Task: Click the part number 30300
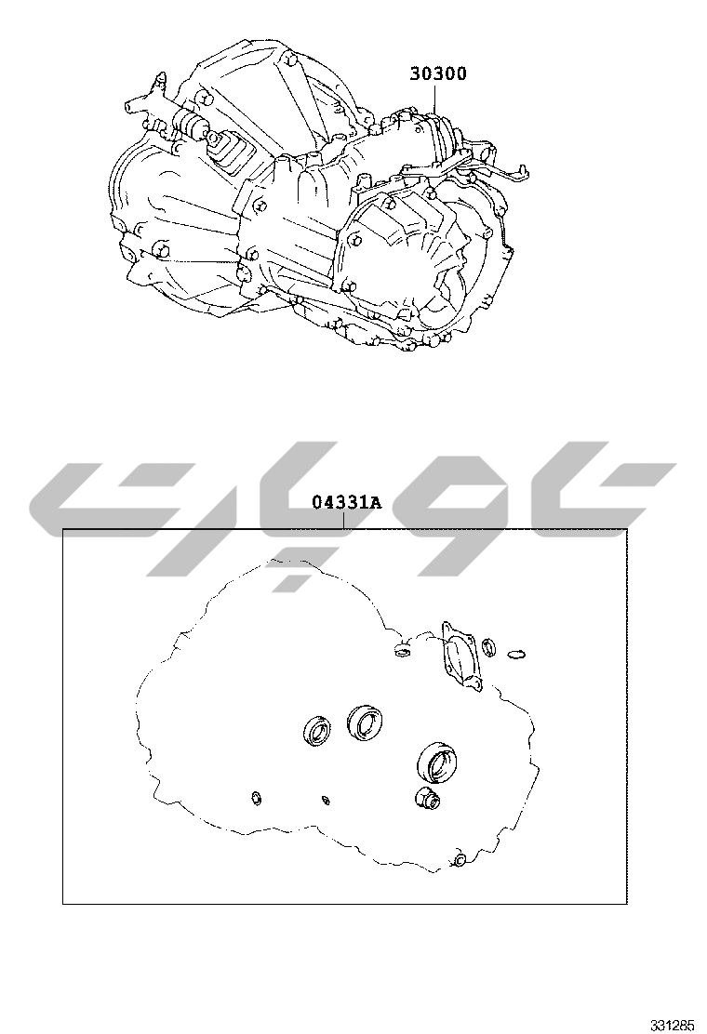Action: pyautogui.click(x=438, y=73)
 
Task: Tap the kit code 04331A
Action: pyautogui.click(x=346, y=503)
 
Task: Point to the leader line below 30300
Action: pyautogui.click(x=434, y=99)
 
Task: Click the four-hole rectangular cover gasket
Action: pyautogui.click(x=460, y=656)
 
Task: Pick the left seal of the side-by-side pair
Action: pyautogui.click(x=317, y=730)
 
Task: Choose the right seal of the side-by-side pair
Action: pyautogui.click(x=362, y=722)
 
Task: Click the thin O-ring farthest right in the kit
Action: pyautogui.click(x=517, y=655)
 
